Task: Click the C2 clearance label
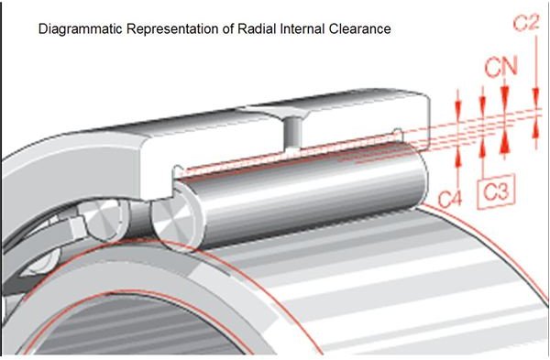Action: (525, 23)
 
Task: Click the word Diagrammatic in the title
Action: (77, 29)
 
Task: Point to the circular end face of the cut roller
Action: (171, 223)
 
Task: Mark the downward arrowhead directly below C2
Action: (534, 103)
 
